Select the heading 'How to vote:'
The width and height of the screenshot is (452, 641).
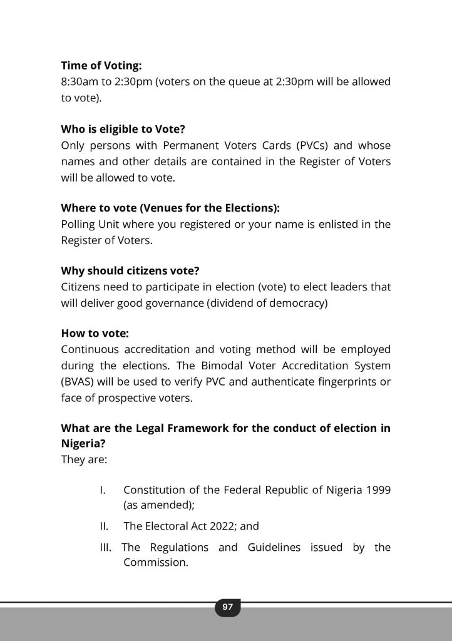95,334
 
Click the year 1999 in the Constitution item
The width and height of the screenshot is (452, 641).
378,490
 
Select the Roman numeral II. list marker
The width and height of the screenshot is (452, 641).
104,526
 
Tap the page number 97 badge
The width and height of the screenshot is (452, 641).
227,607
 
